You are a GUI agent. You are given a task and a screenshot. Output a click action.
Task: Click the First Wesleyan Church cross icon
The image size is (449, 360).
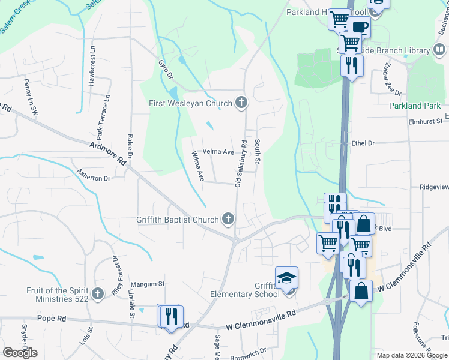(x=241, y=103)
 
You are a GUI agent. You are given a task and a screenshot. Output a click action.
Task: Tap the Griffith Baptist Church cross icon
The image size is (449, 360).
(x=228, y=219)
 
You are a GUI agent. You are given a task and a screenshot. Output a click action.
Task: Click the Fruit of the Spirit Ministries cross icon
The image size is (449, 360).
(x=98, y=295)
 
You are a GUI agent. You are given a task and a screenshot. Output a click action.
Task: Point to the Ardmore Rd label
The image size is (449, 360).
(x=109, y=153)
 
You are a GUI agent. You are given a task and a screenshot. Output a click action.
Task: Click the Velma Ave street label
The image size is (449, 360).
(x=217, y=152)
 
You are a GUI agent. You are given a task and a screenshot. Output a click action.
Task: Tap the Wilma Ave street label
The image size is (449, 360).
(x=198, y=167)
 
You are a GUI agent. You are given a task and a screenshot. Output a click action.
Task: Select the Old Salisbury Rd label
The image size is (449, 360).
(x=239, y=164)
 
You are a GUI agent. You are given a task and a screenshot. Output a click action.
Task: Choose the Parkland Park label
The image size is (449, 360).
(x=414, y=106)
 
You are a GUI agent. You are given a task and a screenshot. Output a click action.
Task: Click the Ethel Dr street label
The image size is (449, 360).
(x=363, y=143)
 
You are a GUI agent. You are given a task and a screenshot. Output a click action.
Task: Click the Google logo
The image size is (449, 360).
(x=20, y=353)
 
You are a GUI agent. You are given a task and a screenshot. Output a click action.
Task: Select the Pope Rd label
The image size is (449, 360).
(x=50, y=318)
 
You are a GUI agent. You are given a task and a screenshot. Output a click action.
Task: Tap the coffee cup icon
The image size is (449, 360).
(x=360, y=27)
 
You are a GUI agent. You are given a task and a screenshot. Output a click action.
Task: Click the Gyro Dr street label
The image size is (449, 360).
(x=165, y=70)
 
